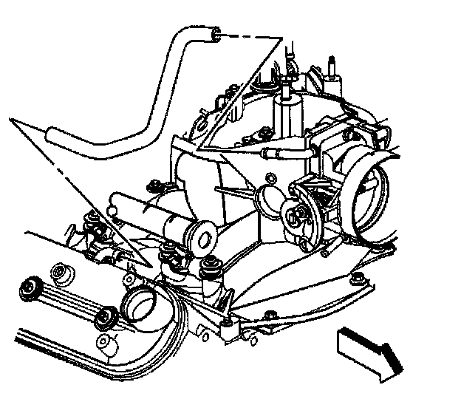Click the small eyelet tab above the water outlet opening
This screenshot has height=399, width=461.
(127, 279)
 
